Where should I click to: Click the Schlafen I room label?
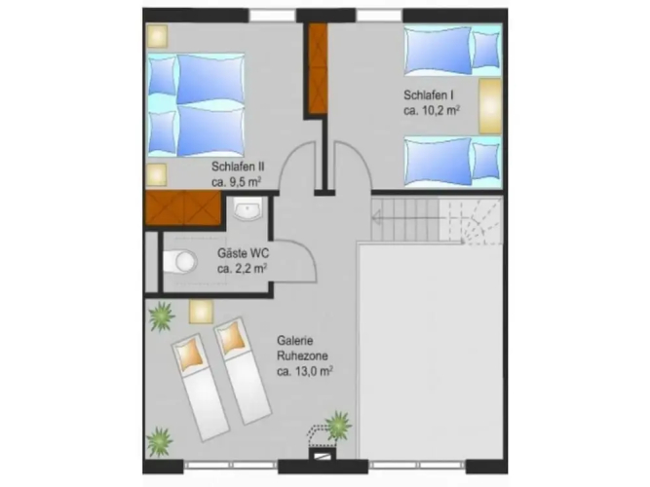coord(428,94)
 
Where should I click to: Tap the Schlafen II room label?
coord(238,167)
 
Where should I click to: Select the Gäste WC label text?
coord(243,253)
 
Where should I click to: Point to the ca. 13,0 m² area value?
coord(305,371)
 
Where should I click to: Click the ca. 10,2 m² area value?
coord(432,110)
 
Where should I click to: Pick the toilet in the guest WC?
coord(179,261)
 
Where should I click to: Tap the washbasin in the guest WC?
coord(248,208)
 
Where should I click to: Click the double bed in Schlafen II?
coord(196,104)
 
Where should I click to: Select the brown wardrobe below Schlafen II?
coord(183,208)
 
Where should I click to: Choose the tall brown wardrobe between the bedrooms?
coord(318,68)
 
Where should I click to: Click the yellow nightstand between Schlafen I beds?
coord(490,106)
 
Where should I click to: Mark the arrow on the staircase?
coord(405,217)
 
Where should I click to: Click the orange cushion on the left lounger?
coord(190,354)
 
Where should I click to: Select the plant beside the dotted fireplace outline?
coord(338,426)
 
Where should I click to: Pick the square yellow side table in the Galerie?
coord(201,312)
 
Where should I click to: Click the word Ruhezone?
coord(302,356)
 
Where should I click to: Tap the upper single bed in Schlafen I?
coord(453,51)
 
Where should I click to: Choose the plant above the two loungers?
coord(161,317)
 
